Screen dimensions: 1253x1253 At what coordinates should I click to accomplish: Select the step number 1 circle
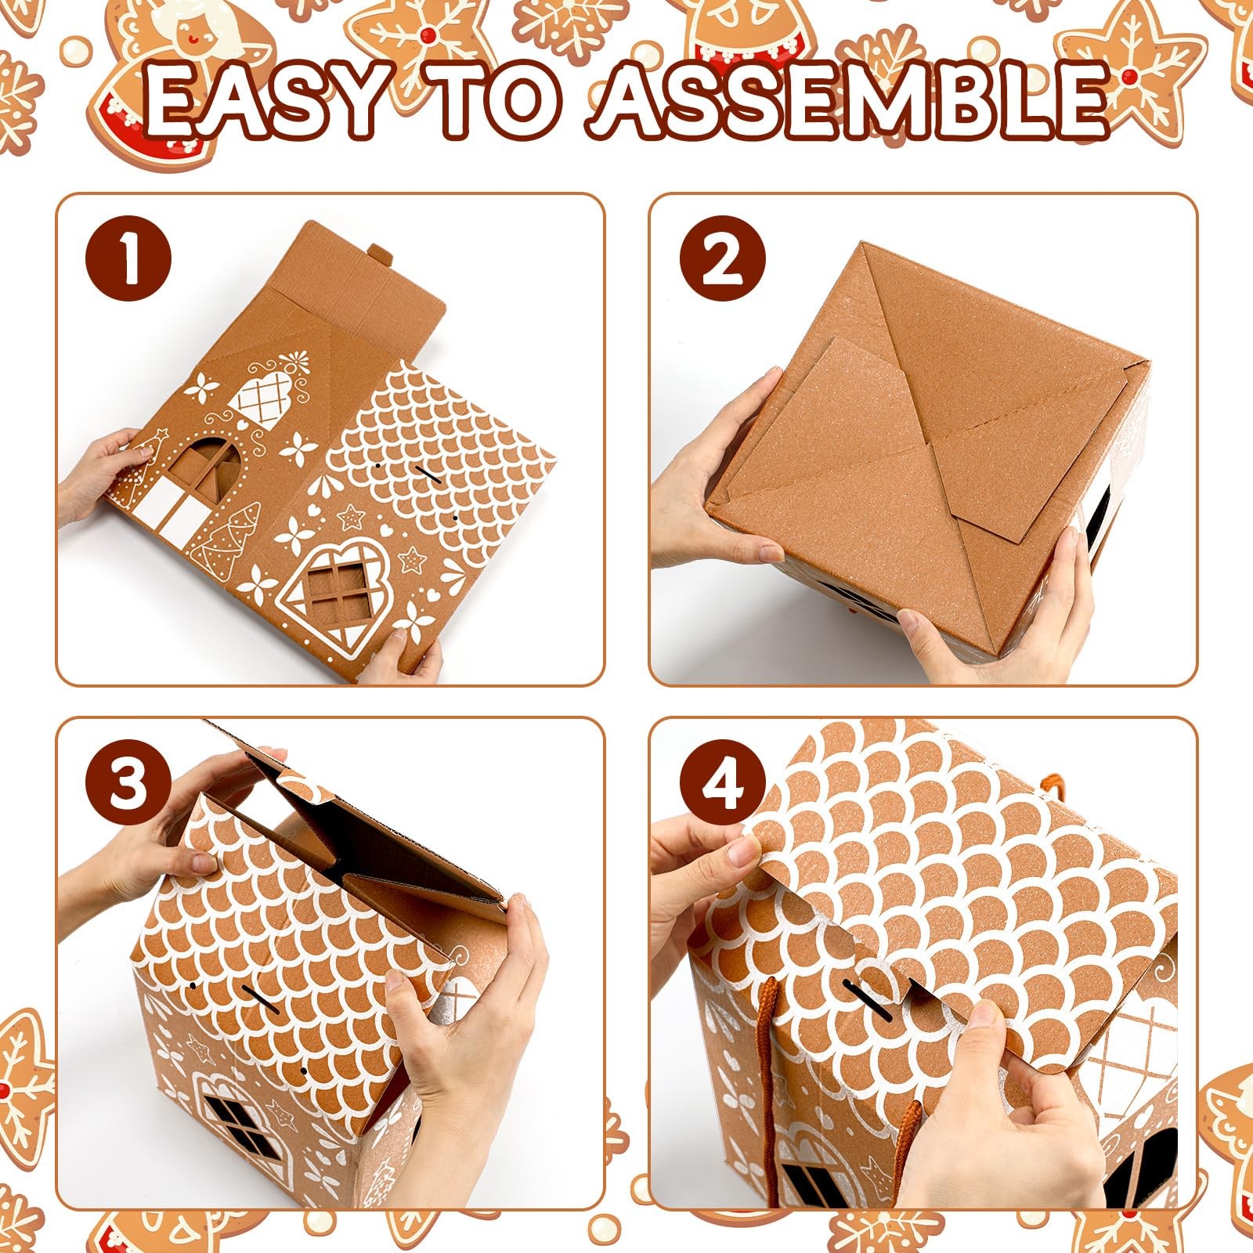tap(128, 261)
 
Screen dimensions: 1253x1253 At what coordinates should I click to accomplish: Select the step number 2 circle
tap(722, 261)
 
